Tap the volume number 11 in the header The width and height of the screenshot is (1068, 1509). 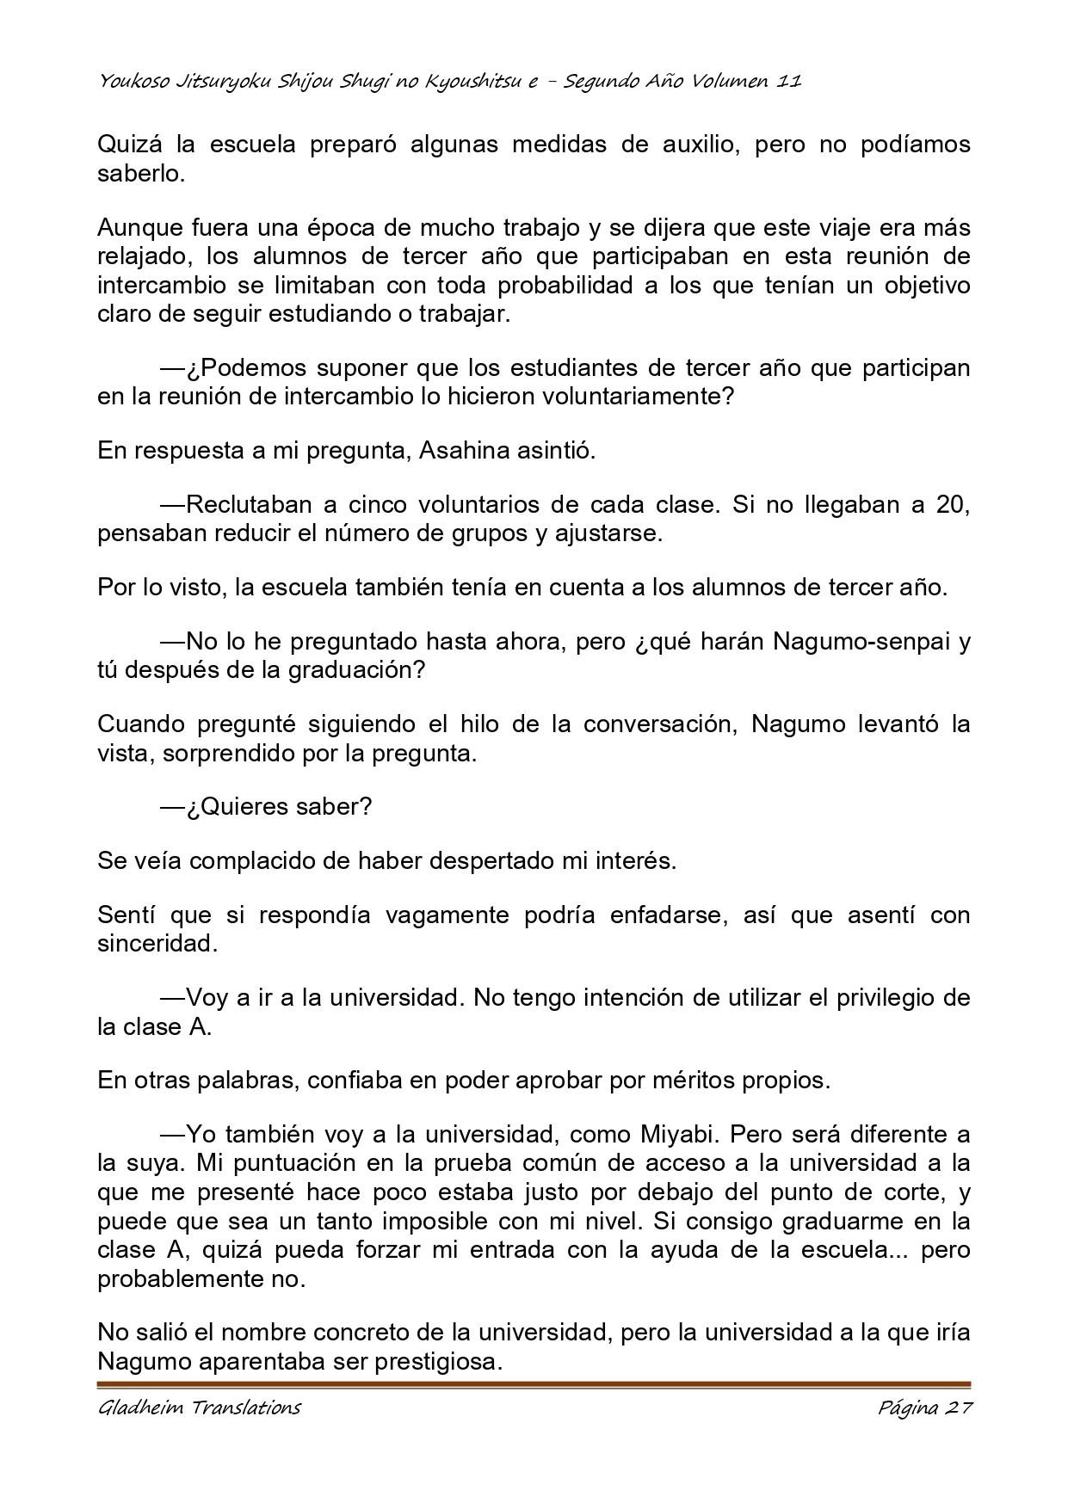point(788,82)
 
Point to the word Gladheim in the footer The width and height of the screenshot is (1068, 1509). point(138,1408)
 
